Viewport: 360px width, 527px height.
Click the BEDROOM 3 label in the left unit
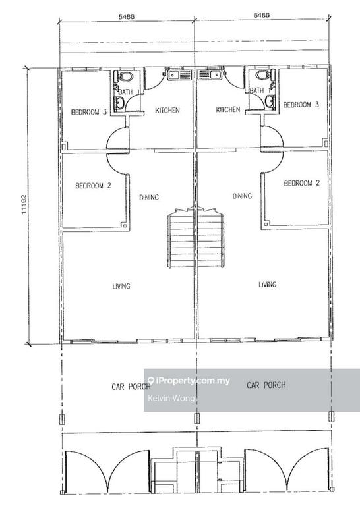coord(89,113)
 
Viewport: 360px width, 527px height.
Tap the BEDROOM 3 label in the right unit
coord(301,105)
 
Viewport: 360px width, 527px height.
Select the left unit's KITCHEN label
coord(167,110)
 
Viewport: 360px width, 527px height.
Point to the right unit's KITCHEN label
coord(227,110)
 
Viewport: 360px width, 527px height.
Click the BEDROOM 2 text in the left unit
coord(93,186)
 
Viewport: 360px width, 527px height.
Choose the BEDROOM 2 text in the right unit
coord(301,183)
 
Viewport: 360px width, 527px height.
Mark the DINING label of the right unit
coord(242,196)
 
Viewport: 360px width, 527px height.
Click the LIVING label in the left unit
coord(121,286)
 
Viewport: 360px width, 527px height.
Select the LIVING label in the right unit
coord(267,285)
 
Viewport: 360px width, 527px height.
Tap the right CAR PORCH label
coord(266,385)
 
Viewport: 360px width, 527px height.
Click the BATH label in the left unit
coord(125,91)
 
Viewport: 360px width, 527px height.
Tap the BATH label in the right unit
coord(257,90)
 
